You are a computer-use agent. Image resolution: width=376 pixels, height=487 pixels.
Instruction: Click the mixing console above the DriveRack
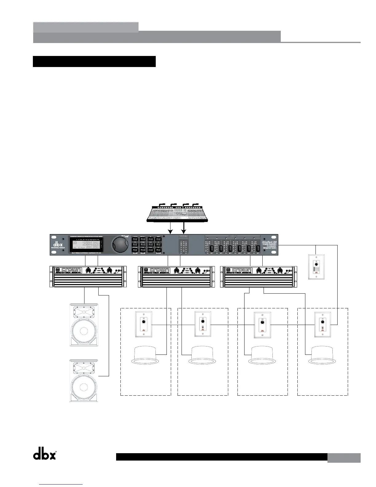[177, 212]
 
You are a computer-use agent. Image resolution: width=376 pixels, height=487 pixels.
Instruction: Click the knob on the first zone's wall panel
[143, 321]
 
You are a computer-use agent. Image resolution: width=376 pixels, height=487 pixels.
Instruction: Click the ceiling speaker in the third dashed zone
[263, 354]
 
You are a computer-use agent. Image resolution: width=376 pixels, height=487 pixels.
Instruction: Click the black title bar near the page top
[94, 61]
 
